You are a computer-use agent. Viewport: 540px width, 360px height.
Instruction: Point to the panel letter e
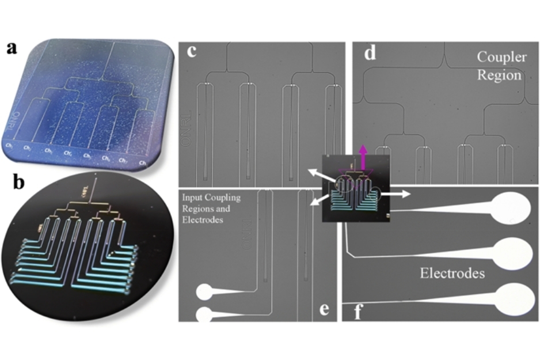click(324, 310)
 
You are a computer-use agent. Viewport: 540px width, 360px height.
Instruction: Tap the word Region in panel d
click(499, 75)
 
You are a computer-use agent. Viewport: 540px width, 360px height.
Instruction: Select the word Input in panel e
click(190, 198)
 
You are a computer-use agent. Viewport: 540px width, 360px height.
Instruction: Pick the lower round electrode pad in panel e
click(204, 314)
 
